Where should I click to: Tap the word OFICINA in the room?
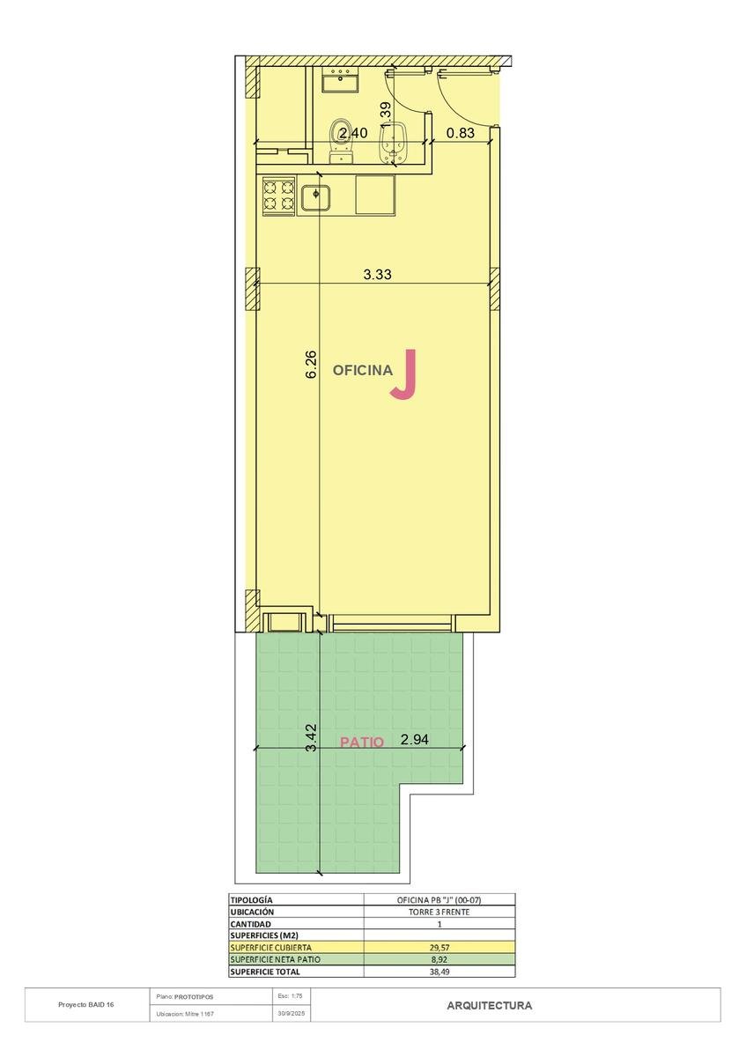[x=362, y=371]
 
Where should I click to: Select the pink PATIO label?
[x=362, y=743]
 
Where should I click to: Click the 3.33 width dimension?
[x=378, y=274]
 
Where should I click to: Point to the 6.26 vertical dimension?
[x=312, y=365]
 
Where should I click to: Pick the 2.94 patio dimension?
[x=414, y=739]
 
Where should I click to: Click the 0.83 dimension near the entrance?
[x=460, y=133]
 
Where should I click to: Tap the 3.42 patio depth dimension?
[x=312, y=738]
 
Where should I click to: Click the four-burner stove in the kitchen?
[x=278, y=196]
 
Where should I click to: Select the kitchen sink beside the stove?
[x=315, y=198]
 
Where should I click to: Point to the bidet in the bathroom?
[x=393, y=144]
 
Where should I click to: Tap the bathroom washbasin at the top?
[x=341, y=79]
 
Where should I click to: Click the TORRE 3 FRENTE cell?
[x=439, y=913]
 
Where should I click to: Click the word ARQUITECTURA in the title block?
[x=490, y=1006]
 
